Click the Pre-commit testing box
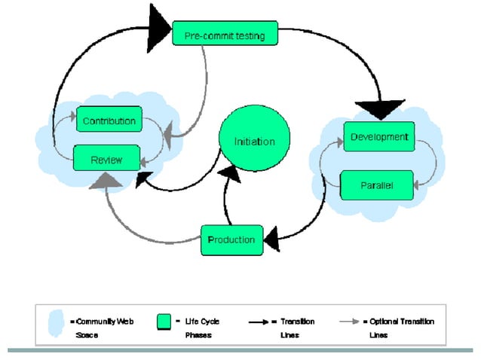click(x=225, y=35)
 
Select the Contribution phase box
click(x=109, y=121)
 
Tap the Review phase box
click(x=106, y=159)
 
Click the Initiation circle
click(x=254, y=142)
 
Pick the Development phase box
click(x=378, y=137)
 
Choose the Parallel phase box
click(x=377, y=185)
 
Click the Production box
click(x=232, y=239)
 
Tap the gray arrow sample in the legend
click(x=348, y=322)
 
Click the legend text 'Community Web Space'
click(x=104, y=328)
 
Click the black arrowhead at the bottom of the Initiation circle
click(x=231, y=175)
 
